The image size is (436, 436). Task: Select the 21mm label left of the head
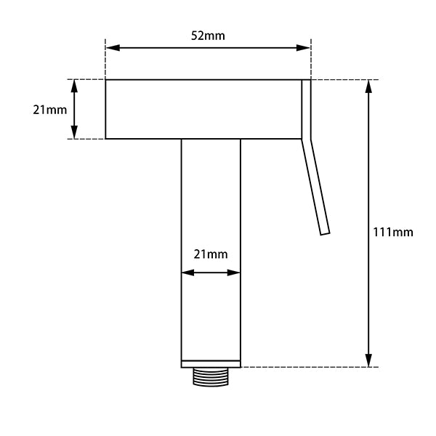click(50, 110)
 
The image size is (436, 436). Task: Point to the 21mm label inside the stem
click(211, 254)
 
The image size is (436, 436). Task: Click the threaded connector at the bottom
click(211, 377)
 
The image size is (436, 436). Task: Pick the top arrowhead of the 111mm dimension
click(369, 85)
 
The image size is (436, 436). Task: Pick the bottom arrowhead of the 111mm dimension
click(369, 360)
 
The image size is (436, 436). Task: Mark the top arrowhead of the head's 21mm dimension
click(73, 85)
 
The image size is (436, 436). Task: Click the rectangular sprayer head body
click(203, 109)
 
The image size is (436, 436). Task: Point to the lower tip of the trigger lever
click(325, 233)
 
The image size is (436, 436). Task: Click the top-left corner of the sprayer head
click(106, 80)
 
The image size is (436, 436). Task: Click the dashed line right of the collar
click(305, 367)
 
